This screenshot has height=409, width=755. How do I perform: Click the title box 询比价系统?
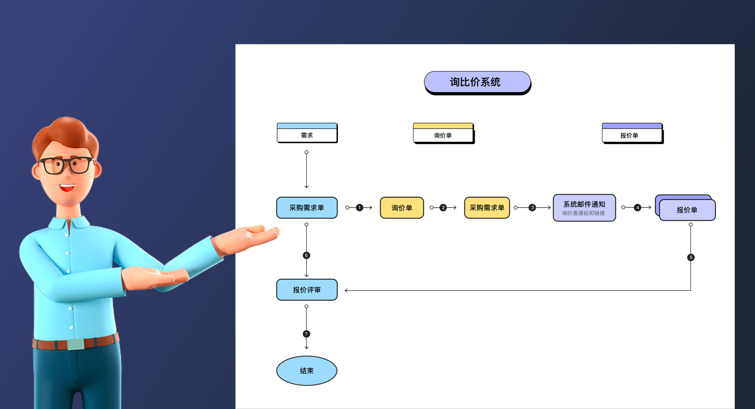pyautogui.click(x=477, y=82)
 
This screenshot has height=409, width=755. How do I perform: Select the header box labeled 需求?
pyautogui.click(x=307, y=133)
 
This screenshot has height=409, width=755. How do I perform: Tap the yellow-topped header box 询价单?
pyautogui.click(x=443, y=133)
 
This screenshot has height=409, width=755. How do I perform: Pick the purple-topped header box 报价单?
pyautogui.click(x=632, y=133)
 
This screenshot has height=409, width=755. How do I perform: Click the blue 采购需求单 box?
pyautogui.click(x=307, y=208)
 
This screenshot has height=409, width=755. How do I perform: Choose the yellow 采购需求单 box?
pyautogui.click(x=487, y=208)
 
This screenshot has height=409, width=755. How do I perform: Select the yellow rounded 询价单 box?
pyautogui.click(x=402, y=208)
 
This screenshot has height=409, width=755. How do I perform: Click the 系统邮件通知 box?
pyautogui.click(x=584, y=208)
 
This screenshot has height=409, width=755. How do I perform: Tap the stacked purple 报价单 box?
pyautogui.click(x=687, y=210)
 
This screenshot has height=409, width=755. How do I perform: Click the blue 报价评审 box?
pyautogui.click(x=307, y=290)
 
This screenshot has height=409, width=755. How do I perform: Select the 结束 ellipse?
pyautogui.click(x=307, y=371)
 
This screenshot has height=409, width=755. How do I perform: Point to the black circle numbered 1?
pyautogui.click(x=359, y=208)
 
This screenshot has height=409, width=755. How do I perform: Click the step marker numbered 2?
pyautogui.click(x=443, y=208)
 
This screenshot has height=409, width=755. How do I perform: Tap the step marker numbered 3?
pyautogui.click(x=532, y=208)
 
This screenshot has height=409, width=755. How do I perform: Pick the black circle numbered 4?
pyautogui.click(x=637, y=208)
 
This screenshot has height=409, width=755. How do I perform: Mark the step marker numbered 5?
pyautogui.click(x=691, y=257)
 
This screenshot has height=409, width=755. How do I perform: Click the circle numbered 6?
pyautogui.click(x=306, y=255)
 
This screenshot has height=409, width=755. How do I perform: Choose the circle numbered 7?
pyautogui.click(x=306, y=334)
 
